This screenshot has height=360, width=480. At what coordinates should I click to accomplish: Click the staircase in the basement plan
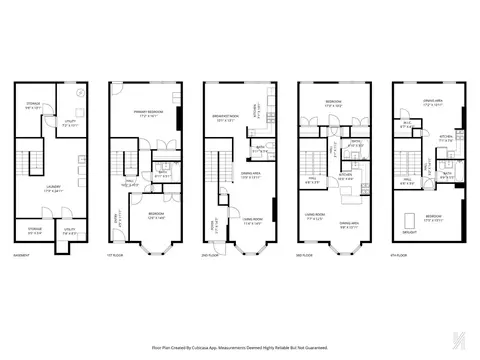coord(31,158)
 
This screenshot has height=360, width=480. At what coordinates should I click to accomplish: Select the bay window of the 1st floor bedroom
coord(151,247)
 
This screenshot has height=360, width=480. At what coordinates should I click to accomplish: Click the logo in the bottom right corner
coord(460,340)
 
